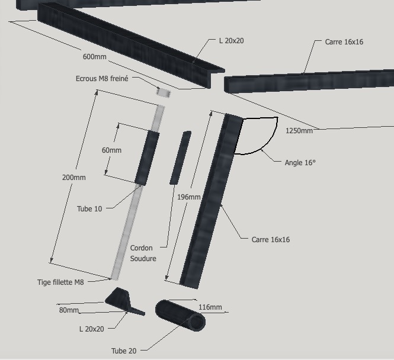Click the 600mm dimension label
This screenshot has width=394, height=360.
pos(94,57)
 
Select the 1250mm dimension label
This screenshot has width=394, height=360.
pos(299,131)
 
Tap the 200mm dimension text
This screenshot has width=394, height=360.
pos(73,178)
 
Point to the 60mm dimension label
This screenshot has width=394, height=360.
pos(111,150)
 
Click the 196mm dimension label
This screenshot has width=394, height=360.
pos(188,197)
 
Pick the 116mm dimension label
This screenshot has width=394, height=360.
pos(210,307)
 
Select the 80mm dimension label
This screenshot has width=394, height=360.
pos(69,310)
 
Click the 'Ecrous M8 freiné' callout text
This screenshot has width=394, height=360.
pos(102,79)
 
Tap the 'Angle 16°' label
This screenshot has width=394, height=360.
pos(300,162)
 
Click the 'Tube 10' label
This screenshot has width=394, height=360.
pos(89,209)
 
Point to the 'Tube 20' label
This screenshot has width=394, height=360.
pos(124,351)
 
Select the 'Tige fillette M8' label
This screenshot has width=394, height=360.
pos(60,282)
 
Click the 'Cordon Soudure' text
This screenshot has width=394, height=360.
pos(143,253)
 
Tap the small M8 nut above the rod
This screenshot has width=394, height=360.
pos(163,92)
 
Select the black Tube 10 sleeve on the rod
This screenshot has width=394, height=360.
pos(147,158)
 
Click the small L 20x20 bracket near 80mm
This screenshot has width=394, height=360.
pos(124,300)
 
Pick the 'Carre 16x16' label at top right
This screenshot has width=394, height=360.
pos(344,42)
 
